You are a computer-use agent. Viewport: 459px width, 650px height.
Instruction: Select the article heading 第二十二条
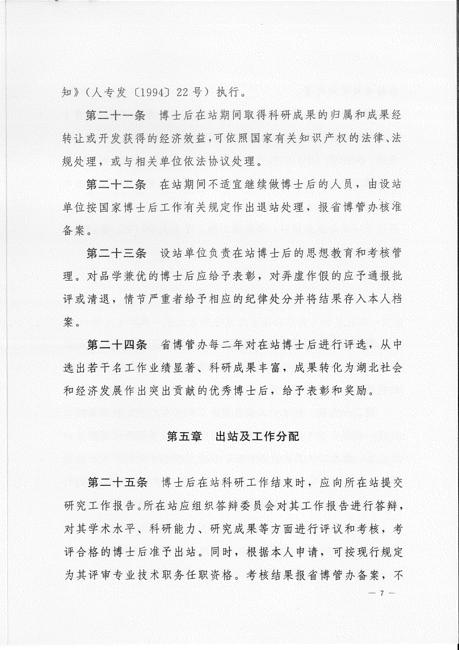[x=116, y=185]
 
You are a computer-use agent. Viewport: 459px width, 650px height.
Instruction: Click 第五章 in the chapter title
[x=184, y=437]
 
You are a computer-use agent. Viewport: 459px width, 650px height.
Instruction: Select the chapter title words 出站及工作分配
[x=257, y=437]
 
